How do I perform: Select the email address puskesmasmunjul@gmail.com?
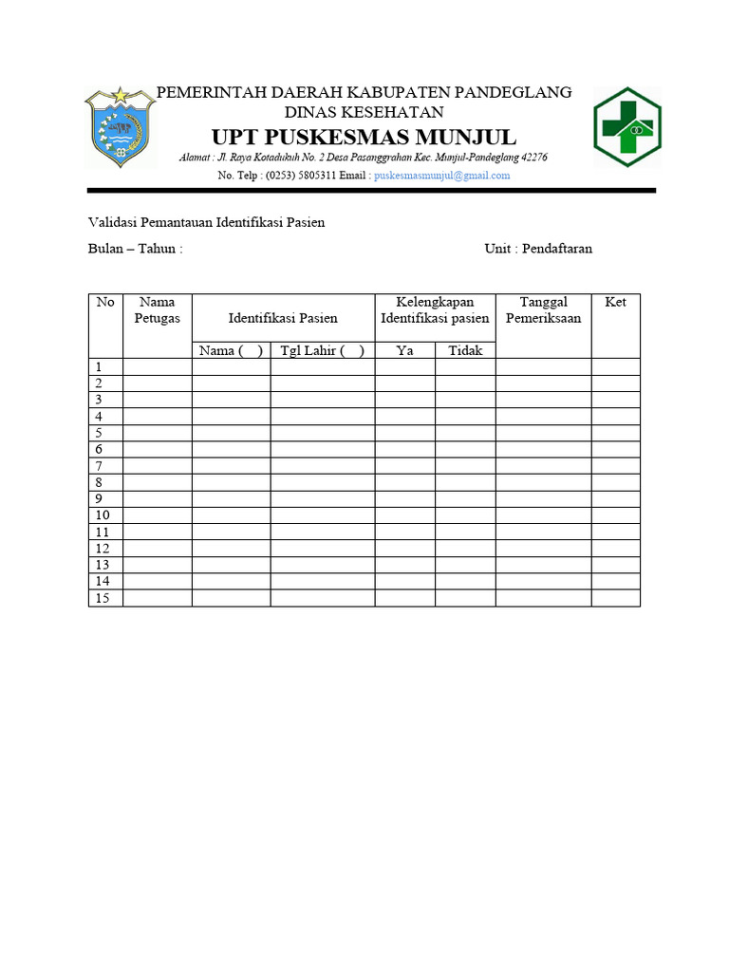click(442, 176)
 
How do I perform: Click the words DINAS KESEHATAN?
click(364, 111)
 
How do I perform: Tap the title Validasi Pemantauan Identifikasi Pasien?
click(206, 223)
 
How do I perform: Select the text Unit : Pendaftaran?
click(538, 249)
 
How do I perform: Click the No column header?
click(105, 302)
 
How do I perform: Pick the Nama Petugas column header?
click(158, 310)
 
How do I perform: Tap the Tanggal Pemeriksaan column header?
click(543, 310)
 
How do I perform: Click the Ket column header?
click(615, 302)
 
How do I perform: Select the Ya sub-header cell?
click(405, 350)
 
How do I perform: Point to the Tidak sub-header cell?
click(465, 350)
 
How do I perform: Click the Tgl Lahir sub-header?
click(322, 350)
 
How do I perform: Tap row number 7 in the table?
click(97, 466)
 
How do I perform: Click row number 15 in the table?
click(102, 598)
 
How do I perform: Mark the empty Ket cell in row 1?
click(615, 366)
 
